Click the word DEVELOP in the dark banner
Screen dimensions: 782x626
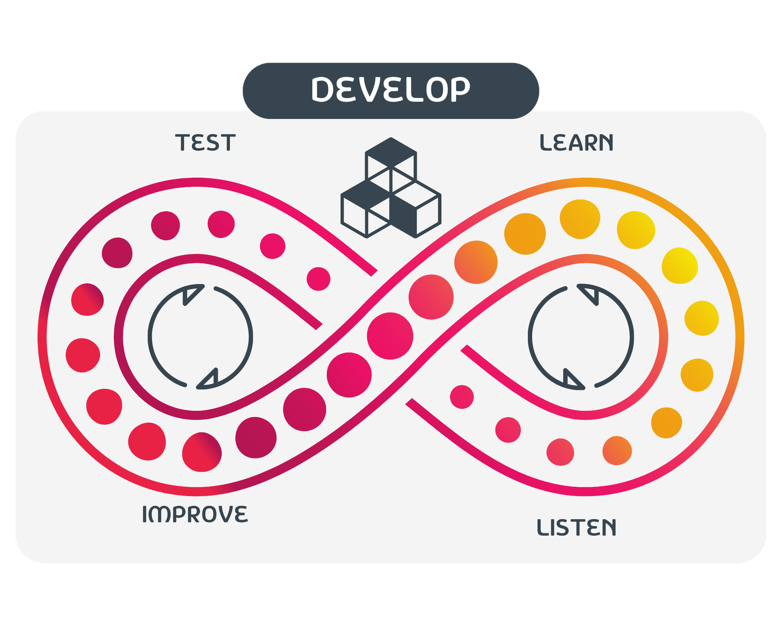point(391,89)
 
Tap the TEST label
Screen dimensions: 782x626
point(205,142)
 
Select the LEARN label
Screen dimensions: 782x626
point(577,142)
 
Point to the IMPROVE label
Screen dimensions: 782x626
point(195,514)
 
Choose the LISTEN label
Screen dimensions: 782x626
point(577,527)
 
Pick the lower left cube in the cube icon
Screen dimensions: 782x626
point(366,209)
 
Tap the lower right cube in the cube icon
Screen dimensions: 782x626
point(416,209)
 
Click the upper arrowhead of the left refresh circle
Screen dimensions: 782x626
point(192,294)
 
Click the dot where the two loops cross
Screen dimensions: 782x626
point(390,335)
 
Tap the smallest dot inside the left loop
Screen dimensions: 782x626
point(318,279)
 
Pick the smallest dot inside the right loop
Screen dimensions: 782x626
point(462,397)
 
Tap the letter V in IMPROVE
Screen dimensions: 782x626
point(224,514)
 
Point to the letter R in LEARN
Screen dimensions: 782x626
point(591,142)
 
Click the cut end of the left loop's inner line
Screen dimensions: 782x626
point(319,326)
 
